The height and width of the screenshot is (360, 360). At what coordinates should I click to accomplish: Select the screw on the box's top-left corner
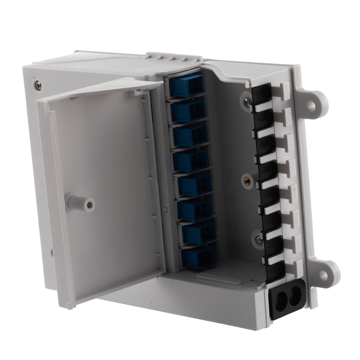[x=38, y=85]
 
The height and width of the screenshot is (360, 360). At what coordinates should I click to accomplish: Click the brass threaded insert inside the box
[x=247, y=181]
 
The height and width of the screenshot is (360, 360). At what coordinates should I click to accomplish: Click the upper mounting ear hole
[x=311, y=105]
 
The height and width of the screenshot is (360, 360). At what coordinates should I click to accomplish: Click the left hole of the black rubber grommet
[x=282, y=298]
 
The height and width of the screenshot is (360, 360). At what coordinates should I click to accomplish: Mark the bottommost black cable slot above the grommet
[x=275, y=271]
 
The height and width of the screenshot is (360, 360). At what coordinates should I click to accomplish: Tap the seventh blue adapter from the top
[x=197, y=233]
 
